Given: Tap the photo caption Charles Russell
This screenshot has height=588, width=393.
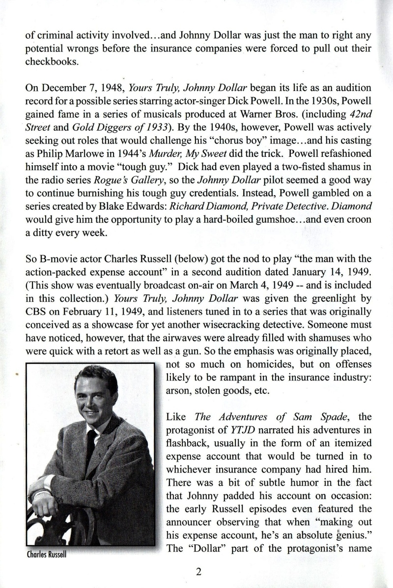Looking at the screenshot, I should [46, 554].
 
